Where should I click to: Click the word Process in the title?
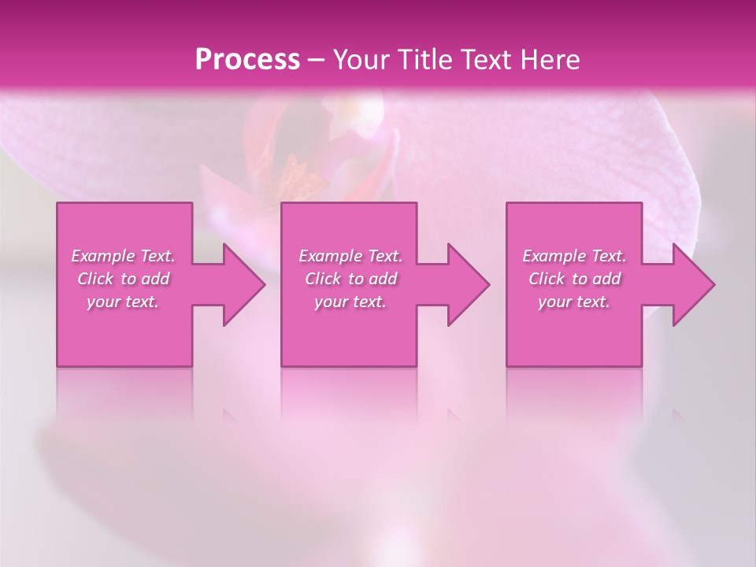tap(247, 60)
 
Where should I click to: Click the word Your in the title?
tap(361, 60)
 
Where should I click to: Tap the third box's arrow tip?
tap(713, 284)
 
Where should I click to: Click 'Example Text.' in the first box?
tap(123, 256)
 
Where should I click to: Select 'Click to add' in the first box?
tap(123, 279)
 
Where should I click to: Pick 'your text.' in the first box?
tap(123, 302)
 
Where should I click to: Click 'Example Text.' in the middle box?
tap(350, 256)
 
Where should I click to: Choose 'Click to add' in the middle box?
tap(350, 279)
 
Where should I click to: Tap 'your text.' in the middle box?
tap(350, 302)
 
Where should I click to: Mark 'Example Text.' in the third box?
tap(574, 256)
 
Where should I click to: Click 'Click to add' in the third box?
tap(574, 279)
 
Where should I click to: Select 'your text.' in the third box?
tap(574, 302)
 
